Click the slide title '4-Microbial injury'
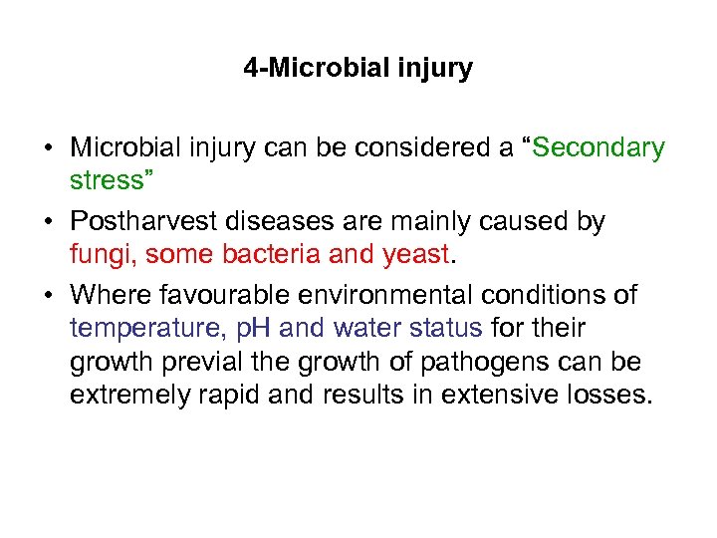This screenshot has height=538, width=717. click(358, 69)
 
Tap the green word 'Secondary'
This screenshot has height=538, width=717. click(598, 148)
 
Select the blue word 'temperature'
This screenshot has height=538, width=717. click(145, 327)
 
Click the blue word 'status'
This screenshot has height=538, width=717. click(442, 327)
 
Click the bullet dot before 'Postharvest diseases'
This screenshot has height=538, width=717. click(48, 222)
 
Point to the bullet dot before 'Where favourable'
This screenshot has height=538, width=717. click(48, 296)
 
